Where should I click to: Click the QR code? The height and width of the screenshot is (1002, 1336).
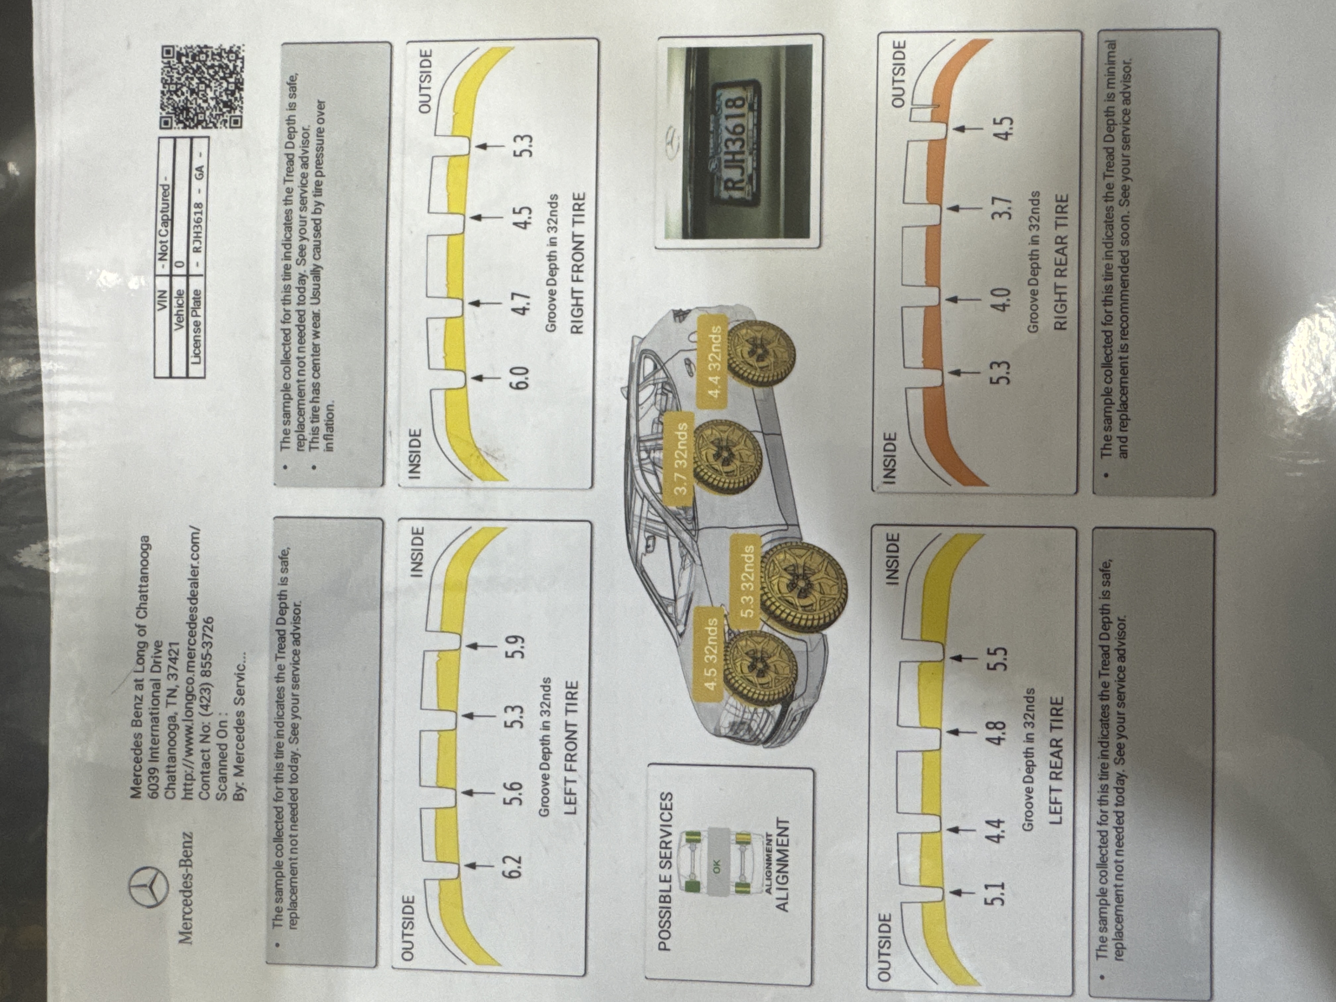pyautogui.click(x=202, y=86)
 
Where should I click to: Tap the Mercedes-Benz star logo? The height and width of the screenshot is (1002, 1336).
pyautogui.click(x=147, y=887)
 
